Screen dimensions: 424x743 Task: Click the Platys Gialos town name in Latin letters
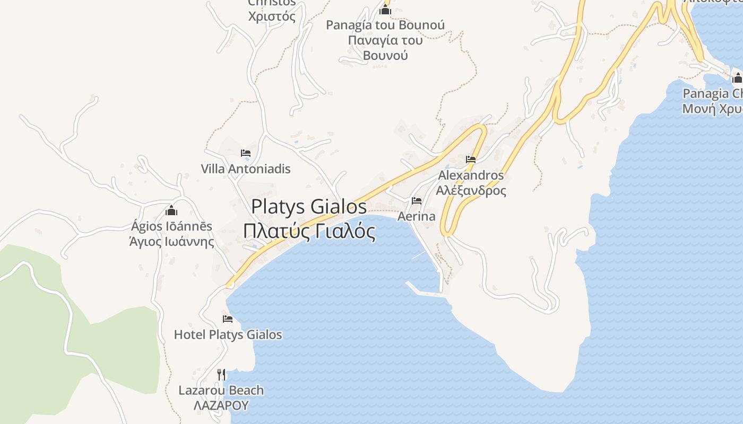pos(309,207)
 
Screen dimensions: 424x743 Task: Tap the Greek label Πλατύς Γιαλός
pos(309,232)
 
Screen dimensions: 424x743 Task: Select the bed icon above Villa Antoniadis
pos(246,153)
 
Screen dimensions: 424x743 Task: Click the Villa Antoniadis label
pos(246,169)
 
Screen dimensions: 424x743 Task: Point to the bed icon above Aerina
pos(417,201)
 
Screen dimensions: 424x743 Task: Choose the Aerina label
pos(417,216)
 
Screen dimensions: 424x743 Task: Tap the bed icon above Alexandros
pos(471,159)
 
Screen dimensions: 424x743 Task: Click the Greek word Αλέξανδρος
pos(471,190)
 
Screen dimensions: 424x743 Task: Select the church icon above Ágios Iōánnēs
pos(171,210)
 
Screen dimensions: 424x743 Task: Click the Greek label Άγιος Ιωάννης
pos(172,242)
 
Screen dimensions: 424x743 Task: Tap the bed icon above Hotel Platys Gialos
pos(228,319)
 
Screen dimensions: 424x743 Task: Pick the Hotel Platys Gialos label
pos(228,335)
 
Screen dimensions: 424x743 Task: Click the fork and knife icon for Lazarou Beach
pos(221,374)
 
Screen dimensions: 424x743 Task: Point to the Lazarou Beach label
pos(221,391)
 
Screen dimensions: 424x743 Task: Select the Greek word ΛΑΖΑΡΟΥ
pos(221,405)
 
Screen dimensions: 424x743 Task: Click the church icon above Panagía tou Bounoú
pos(385,10)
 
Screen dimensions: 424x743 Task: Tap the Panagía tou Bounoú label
pos(385,25)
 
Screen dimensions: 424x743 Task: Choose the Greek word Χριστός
pos(272,16)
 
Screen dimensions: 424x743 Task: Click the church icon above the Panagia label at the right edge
pos(737,78)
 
